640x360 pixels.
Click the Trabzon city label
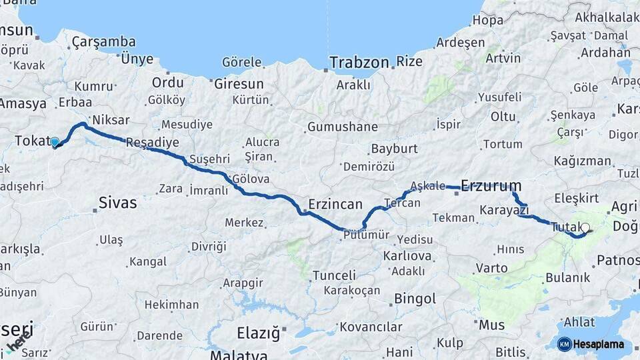(x=359, y=63)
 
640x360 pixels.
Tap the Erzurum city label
(x=491, y=185)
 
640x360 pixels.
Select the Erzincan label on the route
(x=335, y=204)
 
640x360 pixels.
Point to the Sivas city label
(x=117, y=203)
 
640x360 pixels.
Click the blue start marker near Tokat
(x=55, y=142)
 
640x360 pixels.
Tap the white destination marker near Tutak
(x=585, y=227)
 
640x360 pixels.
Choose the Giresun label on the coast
(x=239, y=84)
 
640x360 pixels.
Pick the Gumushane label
(x=343, y=127)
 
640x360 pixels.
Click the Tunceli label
(x=334, y=275)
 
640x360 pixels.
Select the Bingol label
(x=415, y=299)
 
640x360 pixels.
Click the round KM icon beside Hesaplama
(x=564, y=344)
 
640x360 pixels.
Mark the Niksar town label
(x=111, y=120)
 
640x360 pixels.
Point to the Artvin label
(x=503, y=58)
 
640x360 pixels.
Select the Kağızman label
(x=582, y=161)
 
